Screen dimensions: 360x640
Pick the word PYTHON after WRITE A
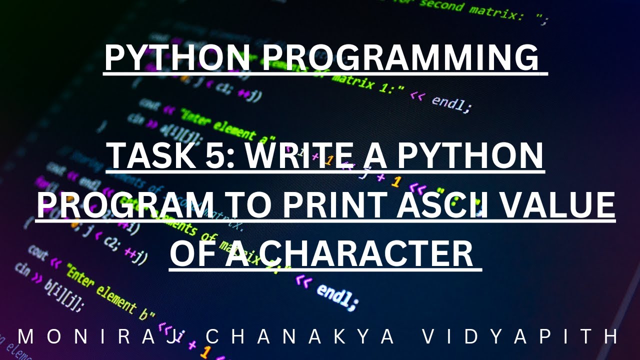coord(477,156)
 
